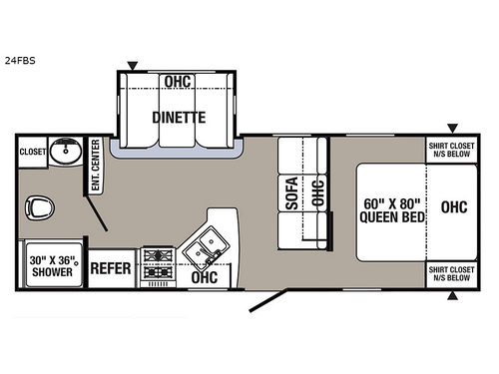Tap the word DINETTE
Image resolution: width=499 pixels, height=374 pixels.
click(x=179, y=117)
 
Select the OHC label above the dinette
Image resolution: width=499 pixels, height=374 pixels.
click(x=179, y=83)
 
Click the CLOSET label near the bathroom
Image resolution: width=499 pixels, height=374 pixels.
click(x=33, y=153)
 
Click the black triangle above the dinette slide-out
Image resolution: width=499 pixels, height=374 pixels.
click(x=133, y=67)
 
